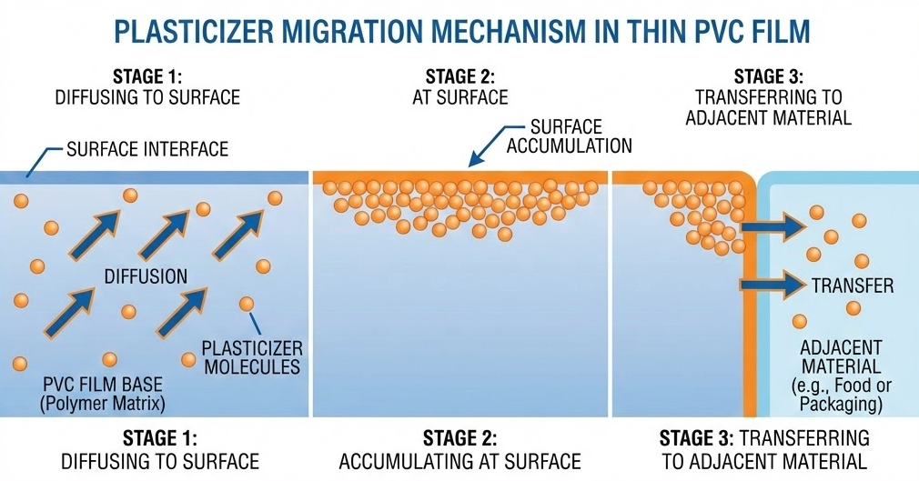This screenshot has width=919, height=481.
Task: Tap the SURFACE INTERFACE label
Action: [x=147, y=149]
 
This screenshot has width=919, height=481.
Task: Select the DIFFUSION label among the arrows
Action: [x=146, y=276]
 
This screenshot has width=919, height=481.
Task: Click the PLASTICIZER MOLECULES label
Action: [x=252, y=357]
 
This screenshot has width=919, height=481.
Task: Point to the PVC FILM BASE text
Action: [x=103, y=385]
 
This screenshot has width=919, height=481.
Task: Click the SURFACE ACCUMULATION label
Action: [x=569, y=135]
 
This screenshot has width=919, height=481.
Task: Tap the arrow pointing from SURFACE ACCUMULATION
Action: [x=497, y=145]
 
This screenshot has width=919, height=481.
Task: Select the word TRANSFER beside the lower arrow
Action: [x=853, y=286]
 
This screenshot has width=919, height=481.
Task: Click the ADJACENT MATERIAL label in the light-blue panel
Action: [x=841, y=356]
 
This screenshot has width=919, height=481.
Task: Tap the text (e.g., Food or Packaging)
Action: [x=841, y=395]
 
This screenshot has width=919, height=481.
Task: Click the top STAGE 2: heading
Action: [x=460, y=76]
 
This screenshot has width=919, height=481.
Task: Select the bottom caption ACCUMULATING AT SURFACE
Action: [x=460, y=461]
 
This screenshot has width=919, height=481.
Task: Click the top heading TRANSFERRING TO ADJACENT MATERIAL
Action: [x=768, y=106]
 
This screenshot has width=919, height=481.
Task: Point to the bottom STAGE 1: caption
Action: [x=160, y=438]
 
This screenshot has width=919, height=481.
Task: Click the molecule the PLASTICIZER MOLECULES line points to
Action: [x=247, y=304]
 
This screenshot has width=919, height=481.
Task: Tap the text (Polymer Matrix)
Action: [x=103, y=403]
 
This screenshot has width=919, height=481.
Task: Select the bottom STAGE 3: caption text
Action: [x=696, y=438]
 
